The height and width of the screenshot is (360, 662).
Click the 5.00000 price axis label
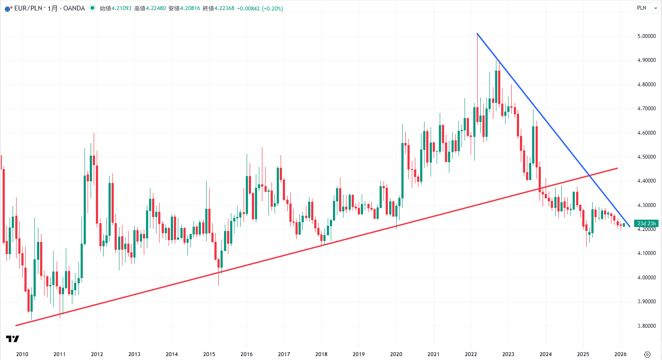tap(646, 36)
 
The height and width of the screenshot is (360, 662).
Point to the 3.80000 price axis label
tap(646, 326)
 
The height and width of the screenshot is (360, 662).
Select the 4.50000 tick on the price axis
tap(646, 157)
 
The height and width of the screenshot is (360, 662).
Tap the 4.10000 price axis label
tap(646, 253)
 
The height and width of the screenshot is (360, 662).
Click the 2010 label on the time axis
tap(22, 354)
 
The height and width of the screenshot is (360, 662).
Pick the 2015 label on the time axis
tap(209, 354)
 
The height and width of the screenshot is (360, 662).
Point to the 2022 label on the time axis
tap(471, 354)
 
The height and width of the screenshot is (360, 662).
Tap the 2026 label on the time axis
tap(620, 354)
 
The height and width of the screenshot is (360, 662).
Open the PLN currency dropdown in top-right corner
tap(646, 8)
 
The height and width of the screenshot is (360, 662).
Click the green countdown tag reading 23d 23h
tap(646, 224)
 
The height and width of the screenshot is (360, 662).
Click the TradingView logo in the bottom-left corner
tap(13, 339)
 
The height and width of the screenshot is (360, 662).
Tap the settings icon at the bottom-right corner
tap(647, 354)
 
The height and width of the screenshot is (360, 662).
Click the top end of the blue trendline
tap(477, 34)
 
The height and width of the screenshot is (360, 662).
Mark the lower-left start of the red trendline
tap(16, 325)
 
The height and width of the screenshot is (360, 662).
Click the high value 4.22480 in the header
tap(156, 8)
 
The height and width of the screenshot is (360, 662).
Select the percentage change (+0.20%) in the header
tap(272, 8)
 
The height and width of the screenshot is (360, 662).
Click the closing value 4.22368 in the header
tap(224, 8)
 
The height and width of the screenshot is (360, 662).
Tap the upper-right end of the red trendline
tap(617, 168)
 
